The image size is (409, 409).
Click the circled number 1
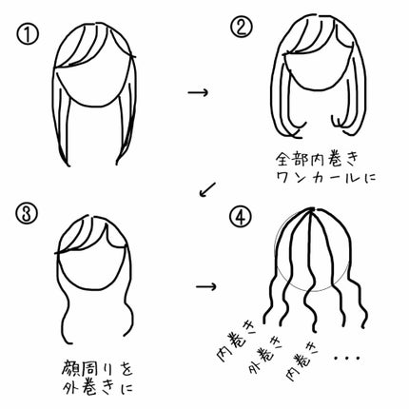tap(28, 34)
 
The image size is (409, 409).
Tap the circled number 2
tap(242, 27)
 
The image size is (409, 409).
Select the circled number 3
tap(27, 214)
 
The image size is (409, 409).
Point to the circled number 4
tap(241, 217)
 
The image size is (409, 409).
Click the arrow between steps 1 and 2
tap(198, 92)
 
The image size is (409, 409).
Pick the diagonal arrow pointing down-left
tap(207, 189)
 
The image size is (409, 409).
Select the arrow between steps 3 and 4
tap(206, 287)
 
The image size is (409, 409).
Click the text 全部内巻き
tap(317, 159)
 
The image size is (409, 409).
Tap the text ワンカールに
tap(326, 177)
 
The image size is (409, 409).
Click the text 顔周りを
tap(97, 368)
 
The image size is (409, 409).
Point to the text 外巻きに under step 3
tap(98, 387)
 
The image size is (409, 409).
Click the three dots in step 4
tap(347, 358)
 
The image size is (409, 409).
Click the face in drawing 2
tap(318, 68)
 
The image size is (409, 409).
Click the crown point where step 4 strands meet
tap(312, 209)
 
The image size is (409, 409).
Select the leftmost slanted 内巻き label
tap(233, 342)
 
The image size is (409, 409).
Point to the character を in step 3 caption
tap(127, 368)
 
